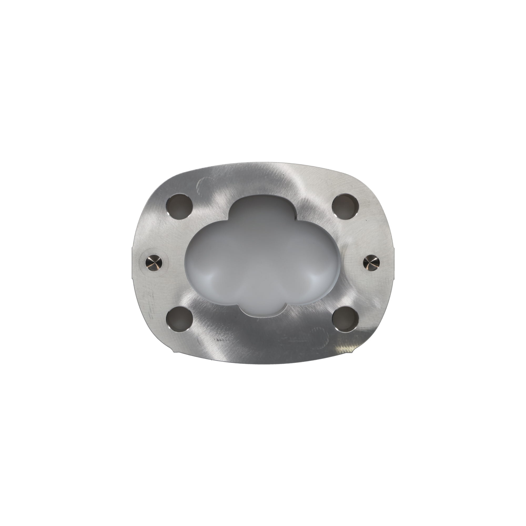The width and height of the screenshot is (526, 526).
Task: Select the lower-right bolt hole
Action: (x=346, y=319)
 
